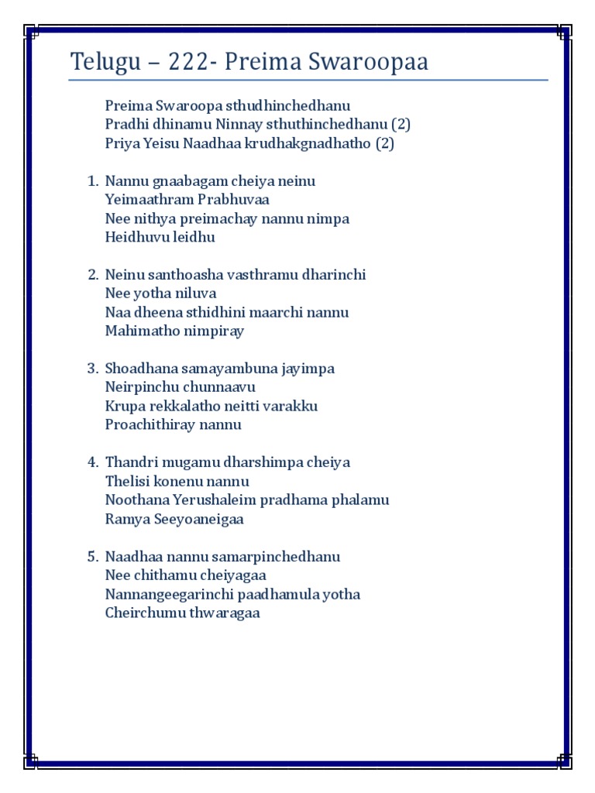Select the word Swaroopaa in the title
coord(371,62)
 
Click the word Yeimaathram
coord(142,200)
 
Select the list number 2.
coord(92,275)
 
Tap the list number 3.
coord(92,369)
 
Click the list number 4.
coord(92,462)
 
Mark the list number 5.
coord(92,557)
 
